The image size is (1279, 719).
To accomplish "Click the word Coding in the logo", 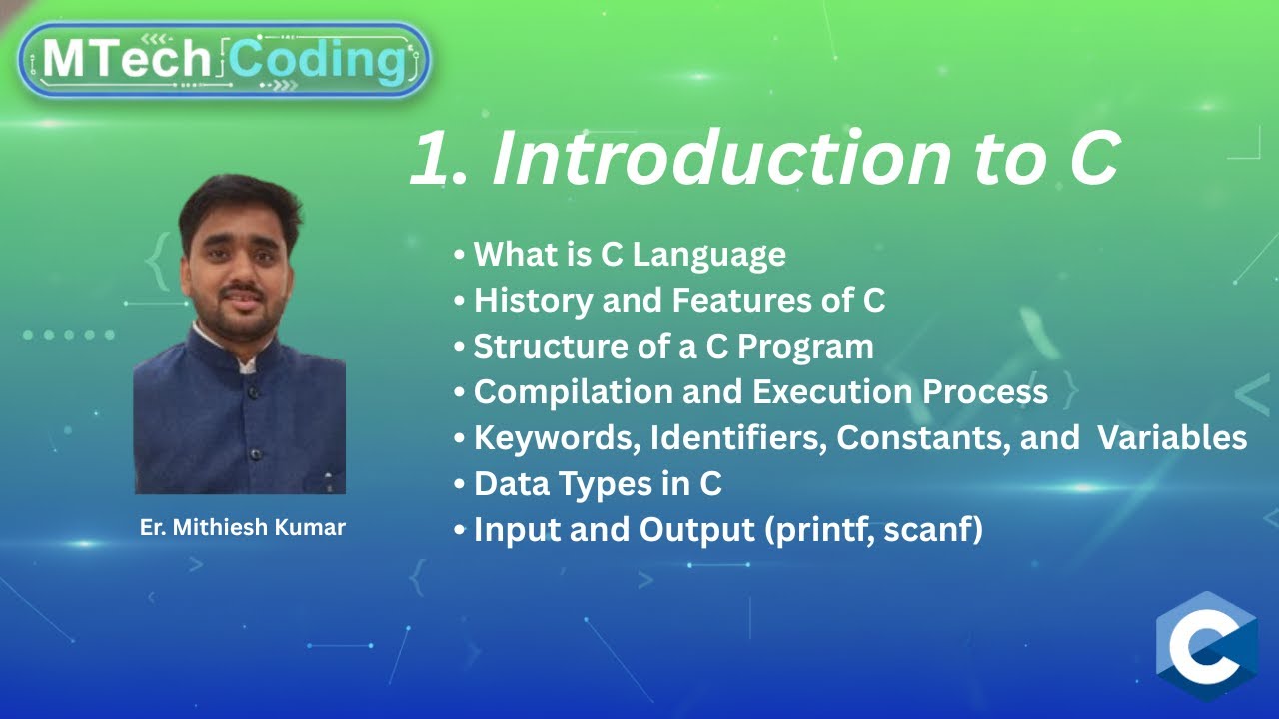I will pyautogui.click(x=318, y=60).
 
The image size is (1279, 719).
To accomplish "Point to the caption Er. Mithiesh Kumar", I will pyautogui.click(x=242, y=527).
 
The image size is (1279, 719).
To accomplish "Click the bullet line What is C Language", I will pyautogui.click(x=629, y=255).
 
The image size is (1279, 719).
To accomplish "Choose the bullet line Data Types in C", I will pyautogui.click(x=597, y=483).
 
